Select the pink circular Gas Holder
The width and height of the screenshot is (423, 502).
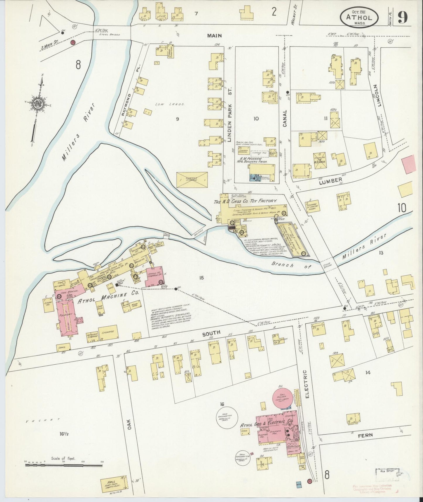pyautogui.click(x=283, y=399)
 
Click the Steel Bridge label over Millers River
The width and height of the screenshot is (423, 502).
pyautogui.click(x=111, y=35)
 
